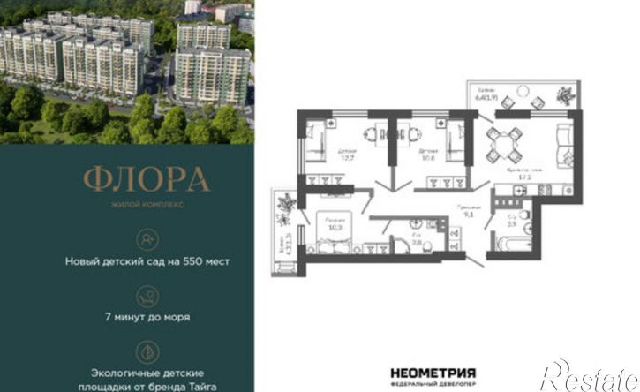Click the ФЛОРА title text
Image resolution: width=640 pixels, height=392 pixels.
(x=147, y=179)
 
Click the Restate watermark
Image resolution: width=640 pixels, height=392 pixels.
(x=591, y=375)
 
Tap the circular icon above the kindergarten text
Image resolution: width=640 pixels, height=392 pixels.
(x=147, y=237)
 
